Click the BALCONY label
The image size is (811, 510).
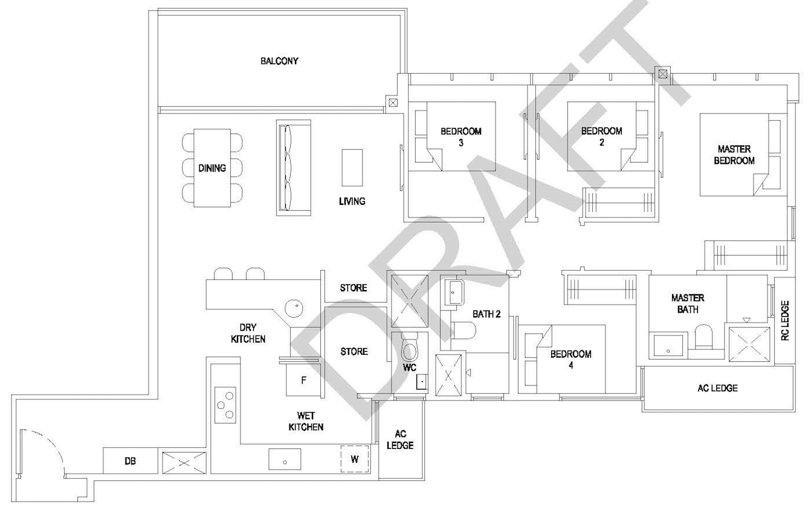click(279, 61)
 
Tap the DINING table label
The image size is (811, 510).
click(212, 168)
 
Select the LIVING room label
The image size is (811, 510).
click(352, 201)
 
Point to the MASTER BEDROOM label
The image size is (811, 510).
click(734, 155)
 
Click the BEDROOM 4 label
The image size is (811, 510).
click(570, 360)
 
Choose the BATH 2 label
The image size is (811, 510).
click(486, 314)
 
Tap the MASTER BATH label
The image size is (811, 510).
click(688, 304)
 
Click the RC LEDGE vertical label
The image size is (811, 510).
click(784, 320)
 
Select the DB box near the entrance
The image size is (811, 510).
click(131, 461)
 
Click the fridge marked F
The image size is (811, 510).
click(303, 380)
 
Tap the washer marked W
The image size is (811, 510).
click(355, 459)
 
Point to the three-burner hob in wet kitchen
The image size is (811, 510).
click(225, 405)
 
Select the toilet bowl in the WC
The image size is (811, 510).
click(410, 348)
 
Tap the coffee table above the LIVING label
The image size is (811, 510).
click(352, 168)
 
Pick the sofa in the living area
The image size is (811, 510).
click(294, 168)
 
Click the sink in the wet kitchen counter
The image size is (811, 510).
click(285, 459)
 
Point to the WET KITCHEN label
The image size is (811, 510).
click(306, 421)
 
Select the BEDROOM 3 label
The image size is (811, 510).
click(461, 137)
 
